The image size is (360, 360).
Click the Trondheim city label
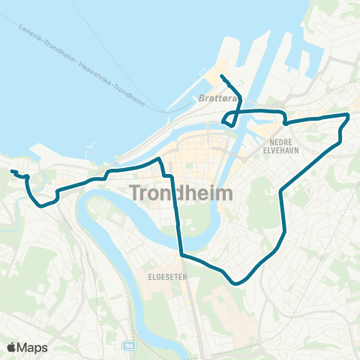coord(181,193)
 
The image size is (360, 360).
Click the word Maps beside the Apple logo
coord(32,346)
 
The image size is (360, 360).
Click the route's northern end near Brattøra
coord(221,77)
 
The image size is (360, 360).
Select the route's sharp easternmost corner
coord(348,114)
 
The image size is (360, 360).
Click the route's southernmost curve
coord(237,283)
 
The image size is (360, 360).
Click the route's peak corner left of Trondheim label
coord(158,159)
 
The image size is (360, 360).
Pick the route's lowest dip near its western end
coord(40,204)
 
